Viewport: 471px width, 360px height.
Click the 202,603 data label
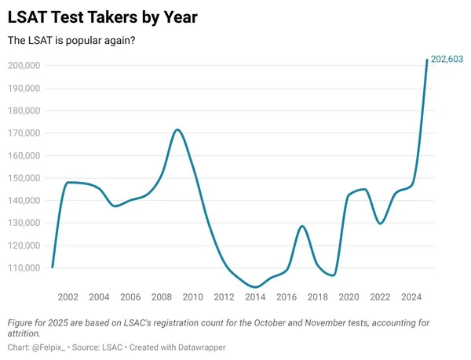point(447,60)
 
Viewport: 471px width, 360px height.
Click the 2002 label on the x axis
point(68,297)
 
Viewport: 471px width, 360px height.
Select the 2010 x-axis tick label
point(192,297)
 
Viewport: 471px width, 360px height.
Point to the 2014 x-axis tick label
point(255,297)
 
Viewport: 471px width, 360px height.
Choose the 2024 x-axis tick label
point(411,297)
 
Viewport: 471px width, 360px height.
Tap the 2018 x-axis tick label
point(317,297)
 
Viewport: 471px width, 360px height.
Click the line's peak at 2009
point(177,129)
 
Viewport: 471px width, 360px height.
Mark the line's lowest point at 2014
point(255,287)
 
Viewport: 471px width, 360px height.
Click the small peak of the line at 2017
point(302,226)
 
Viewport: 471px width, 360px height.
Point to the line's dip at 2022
point(380,224)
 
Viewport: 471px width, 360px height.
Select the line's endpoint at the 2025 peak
point(427,60)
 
